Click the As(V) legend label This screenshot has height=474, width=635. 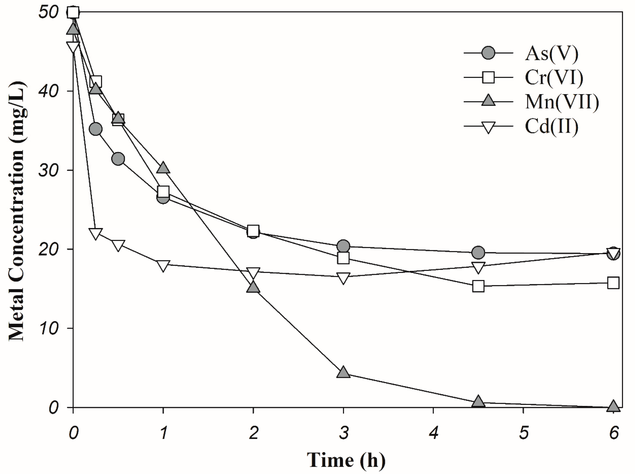point(551,53)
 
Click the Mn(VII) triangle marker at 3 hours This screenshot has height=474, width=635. point(343,373)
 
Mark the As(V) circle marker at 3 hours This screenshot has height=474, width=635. point(343,246)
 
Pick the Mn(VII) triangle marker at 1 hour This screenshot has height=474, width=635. point(163,168)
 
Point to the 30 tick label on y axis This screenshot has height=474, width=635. point(48,170)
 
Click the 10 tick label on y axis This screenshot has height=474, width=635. point(48,328)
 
